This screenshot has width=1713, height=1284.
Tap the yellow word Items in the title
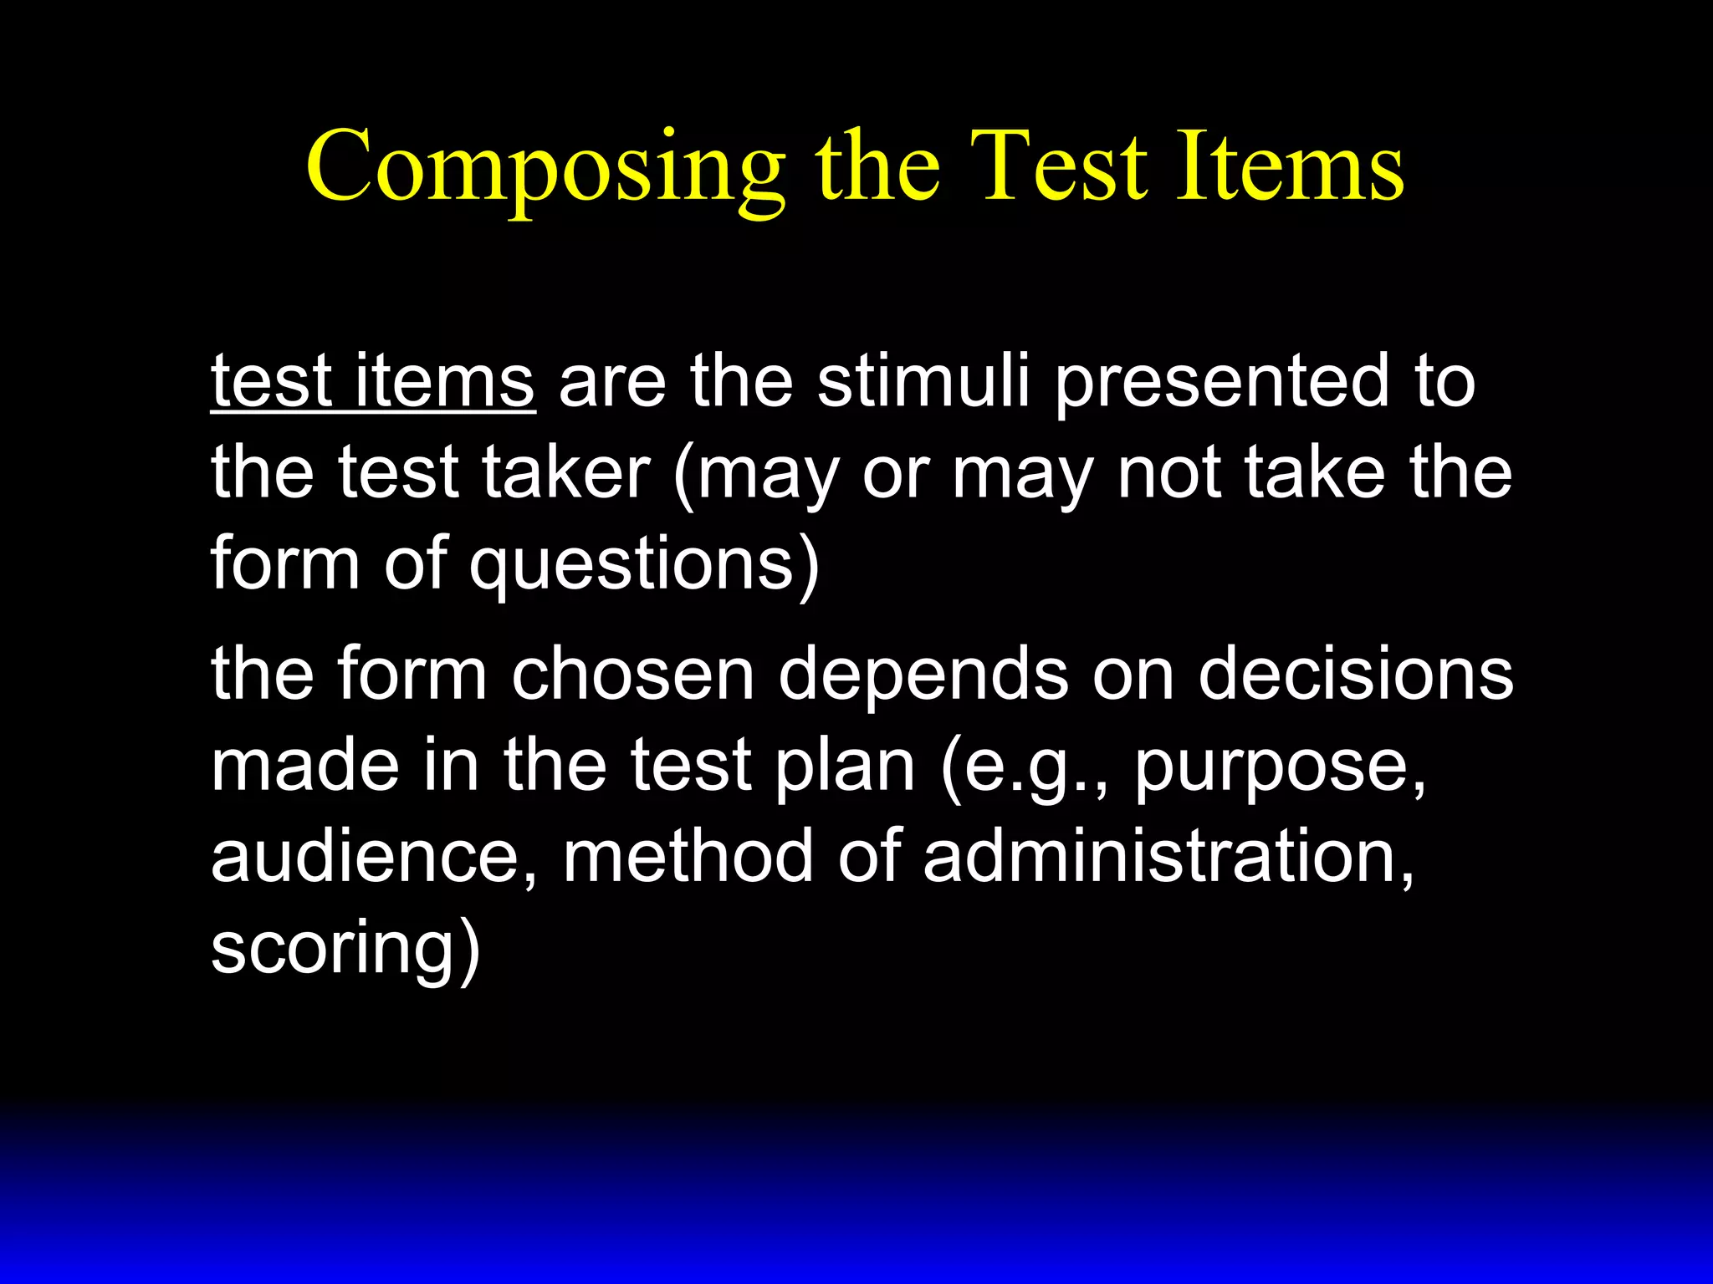pos(1290,167)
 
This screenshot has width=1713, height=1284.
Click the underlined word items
pos(445,382)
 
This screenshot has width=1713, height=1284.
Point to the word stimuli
pos(923,382)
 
